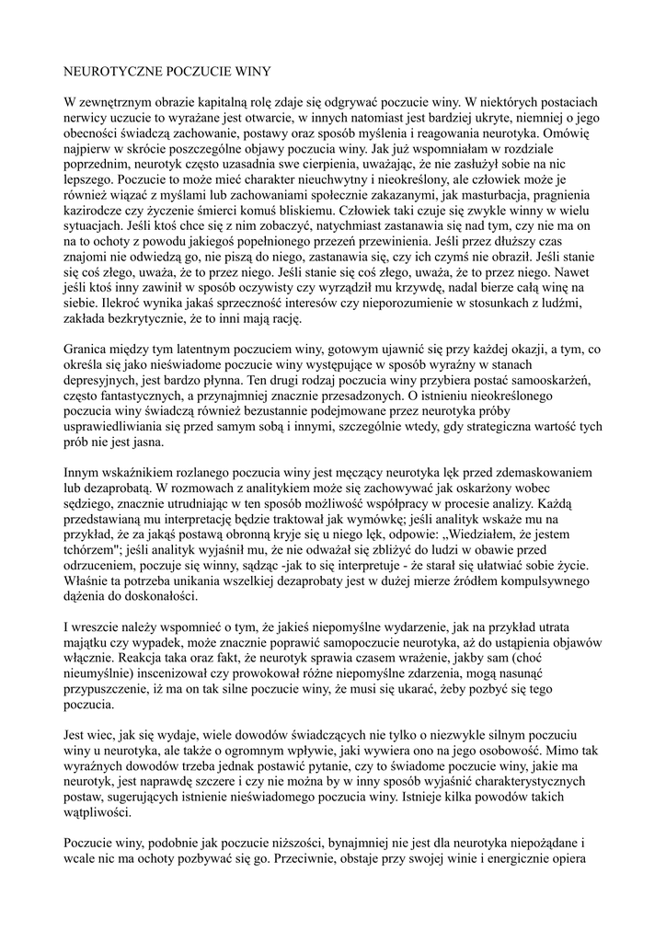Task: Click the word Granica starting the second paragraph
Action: (87, 350)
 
